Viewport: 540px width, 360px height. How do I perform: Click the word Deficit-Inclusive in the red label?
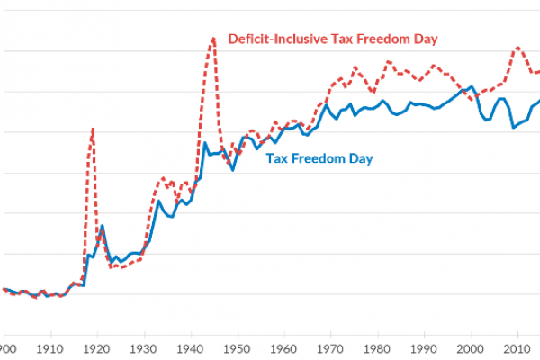[272, 40]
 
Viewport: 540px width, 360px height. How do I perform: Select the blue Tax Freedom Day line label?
[319, 159]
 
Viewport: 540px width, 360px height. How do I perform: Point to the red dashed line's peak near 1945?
[213, 38]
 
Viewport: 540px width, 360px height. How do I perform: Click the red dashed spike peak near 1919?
[92, 129]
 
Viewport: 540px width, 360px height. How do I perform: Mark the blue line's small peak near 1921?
[102, 225]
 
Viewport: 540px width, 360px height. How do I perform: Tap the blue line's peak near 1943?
[205, 142]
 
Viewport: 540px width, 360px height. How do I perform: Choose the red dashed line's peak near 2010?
[517, 48]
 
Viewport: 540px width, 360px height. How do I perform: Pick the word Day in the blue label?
[362, 159]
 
